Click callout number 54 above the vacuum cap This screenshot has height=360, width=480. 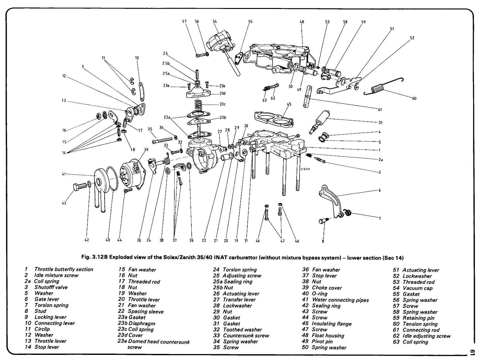[x=215, y=21]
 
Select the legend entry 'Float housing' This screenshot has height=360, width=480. [x=328, y=335]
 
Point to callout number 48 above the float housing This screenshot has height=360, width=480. [x=302, y=22]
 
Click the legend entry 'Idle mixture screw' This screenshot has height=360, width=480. [x=56, y=275]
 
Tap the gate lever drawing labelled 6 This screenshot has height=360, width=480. [x=330, y=198]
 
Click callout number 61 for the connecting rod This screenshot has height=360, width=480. [x=380, y=110]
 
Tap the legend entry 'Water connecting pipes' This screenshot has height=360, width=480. [x=340, y=300]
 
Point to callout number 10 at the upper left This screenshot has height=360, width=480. [x=137, y=58]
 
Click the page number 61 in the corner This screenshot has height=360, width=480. [x=472, y=351]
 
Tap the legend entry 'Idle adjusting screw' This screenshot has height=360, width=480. [x=426, y=336]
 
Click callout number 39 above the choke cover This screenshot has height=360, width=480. [x=146, y=149]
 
